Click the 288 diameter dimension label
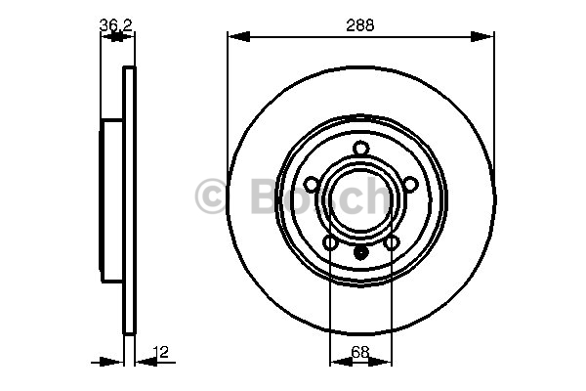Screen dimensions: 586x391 pyautogui.click(x=359, y=25)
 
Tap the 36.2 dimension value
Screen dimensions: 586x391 pyautogui.click(x=116, y=25)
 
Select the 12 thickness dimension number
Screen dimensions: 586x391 pyautogui.click(x=161, y=352)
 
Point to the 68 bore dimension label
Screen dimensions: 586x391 pyautogui.click(x=360, y=352)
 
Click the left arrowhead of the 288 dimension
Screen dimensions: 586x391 pyautogui.click(x=239, y=37)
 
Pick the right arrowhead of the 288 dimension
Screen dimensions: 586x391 pyautogui.click(x=482, y=37)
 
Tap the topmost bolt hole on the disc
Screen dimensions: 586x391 pyautogui.click(x=361, y=149)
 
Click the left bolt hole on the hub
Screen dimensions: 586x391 pyautogui.click(x=312, y=184)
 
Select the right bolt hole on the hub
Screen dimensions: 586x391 pyautogui.click(x=411, y=184)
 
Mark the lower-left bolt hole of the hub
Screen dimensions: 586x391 pyautogui.click(x=330, y=242)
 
